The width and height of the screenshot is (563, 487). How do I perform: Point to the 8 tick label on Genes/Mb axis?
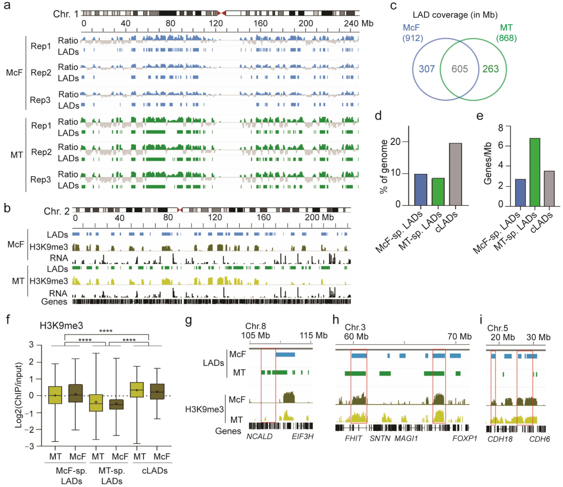(500, 128)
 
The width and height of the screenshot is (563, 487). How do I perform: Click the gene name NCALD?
(259, 436)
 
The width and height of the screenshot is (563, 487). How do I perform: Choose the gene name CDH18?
(500, 439)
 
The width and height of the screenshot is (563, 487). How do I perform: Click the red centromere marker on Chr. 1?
(221, 13)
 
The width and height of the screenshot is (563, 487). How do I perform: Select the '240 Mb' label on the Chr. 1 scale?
(358, 23)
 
